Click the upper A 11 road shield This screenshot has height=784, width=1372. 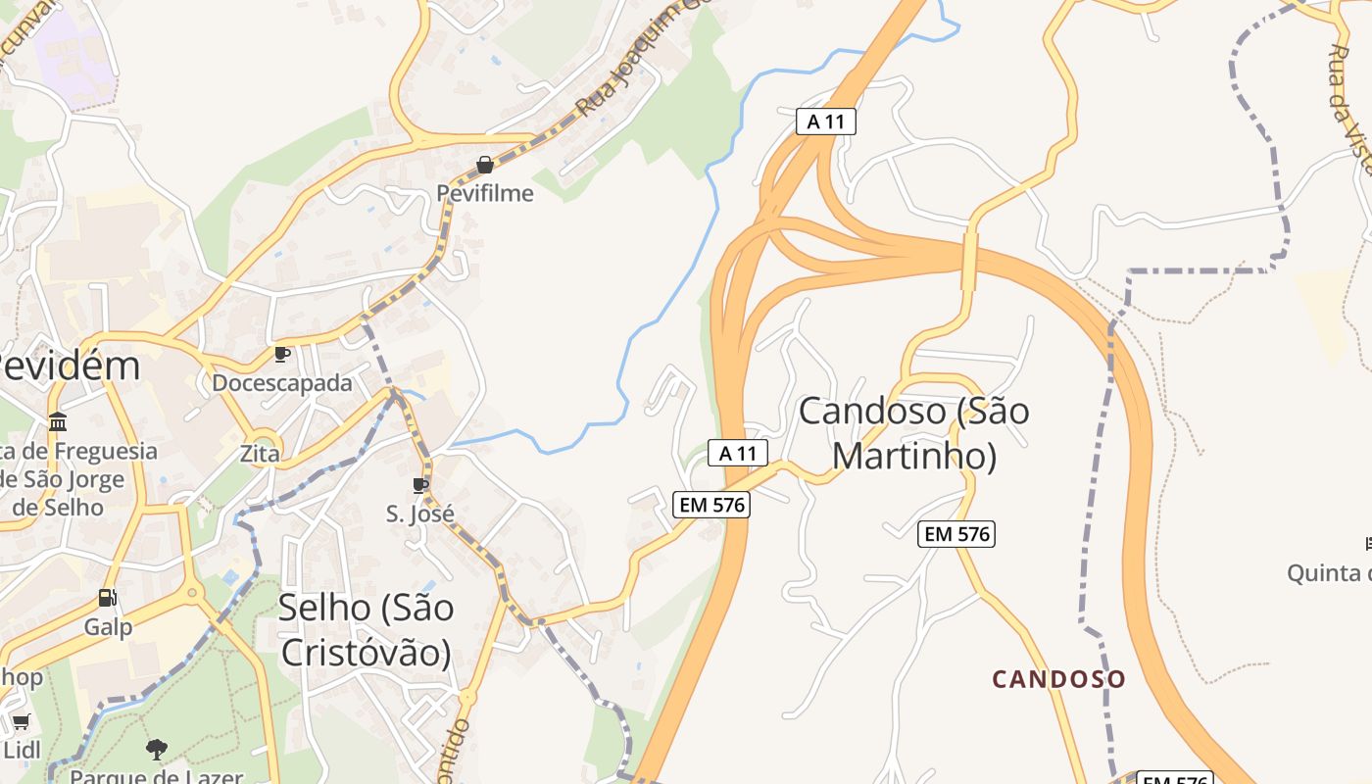(x=826, y=122)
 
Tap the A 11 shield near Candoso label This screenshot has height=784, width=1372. (x=737, y=453)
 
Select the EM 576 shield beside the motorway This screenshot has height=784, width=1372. (x=711, y=505)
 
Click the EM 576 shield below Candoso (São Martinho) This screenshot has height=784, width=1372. (x=957, y=534)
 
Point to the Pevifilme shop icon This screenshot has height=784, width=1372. (x=484, y=165)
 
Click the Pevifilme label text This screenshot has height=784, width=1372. (x=485, y=193)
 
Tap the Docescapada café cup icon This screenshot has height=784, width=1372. (x=281, y=354)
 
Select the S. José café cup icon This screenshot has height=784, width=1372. (x=420, y=485)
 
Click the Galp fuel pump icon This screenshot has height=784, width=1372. (x=107, y=598)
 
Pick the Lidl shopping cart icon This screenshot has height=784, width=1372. (x=21, y=722)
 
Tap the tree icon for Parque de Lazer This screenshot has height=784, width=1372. (x=156, y=750)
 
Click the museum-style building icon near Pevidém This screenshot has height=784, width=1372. (x=58, y=422)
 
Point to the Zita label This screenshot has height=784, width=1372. (x=260, y=454)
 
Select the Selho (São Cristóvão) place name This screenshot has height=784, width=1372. (x=366, y=630)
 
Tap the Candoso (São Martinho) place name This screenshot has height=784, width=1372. (x=913, y=433)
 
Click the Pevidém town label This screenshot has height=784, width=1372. (x=69, y=367)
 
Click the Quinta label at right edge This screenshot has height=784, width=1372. (x=1328, y=572)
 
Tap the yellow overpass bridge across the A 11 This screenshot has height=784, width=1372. (x=969, y=260)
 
